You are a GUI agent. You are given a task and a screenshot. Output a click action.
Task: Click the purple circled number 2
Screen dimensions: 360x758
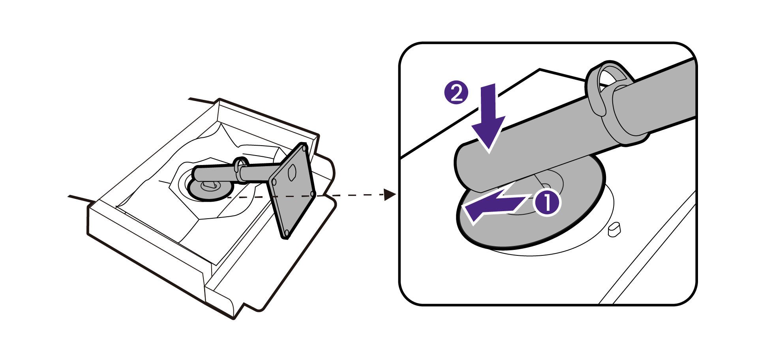point(456,94)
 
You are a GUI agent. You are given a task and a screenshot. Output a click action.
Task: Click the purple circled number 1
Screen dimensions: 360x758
point(547,202)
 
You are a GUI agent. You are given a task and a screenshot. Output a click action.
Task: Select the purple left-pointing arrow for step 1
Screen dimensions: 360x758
point(493,205)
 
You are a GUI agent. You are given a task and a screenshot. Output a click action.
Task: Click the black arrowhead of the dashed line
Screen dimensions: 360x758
point(390,195)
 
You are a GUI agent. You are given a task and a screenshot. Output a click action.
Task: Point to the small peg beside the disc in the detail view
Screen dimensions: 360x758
point(614,229)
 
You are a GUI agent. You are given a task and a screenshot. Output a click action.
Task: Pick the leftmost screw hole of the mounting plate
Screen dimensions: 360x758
point(273,182)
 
